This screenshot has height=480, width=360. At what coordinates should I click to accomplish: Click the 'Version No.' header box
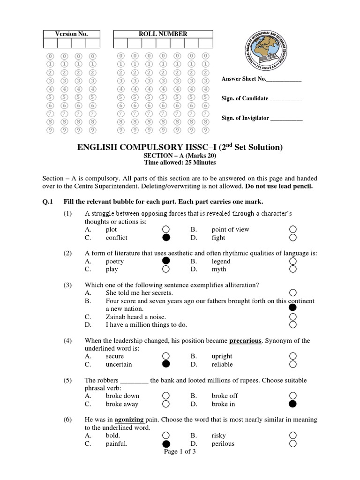tap(71, 34)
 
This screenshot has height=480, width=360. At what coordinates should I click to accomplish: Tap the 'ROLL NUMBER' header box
tap(163, 34)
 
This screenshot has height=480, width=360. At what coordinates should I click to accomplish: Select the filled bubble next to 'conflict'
tap(165, 238)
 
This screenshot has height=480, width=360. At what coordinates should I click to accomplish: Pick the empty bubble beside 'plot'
tap(165, 229)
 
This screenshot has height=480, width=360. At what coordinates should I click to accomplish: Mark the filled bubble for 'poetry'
tap(165, 261)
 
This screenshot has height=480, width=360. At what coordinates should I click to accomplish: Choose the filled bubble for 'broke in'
tap(293, 404)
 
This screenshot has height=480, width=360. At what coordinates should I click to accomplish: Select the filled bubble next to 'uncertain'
tap(165, 364)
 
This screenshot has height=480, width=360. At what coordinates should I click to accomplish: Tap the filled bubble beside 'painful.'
tap(165, 443)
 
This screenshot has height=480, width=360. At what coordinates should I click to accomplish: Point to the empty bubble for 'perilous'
tap(293, 443)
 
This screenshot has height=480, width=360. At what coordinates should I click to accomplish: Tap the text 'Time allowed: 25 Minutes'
tap(180, 163)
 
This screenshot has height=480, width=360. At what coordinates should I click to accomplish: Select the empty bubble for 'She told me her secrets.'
tap(293, 292)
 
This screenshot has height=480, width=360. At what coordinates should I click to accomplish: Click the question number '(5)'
tap(68, 380)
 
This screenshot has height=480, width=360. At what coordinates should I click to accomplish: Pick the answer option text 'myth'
tap(218, 269)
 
